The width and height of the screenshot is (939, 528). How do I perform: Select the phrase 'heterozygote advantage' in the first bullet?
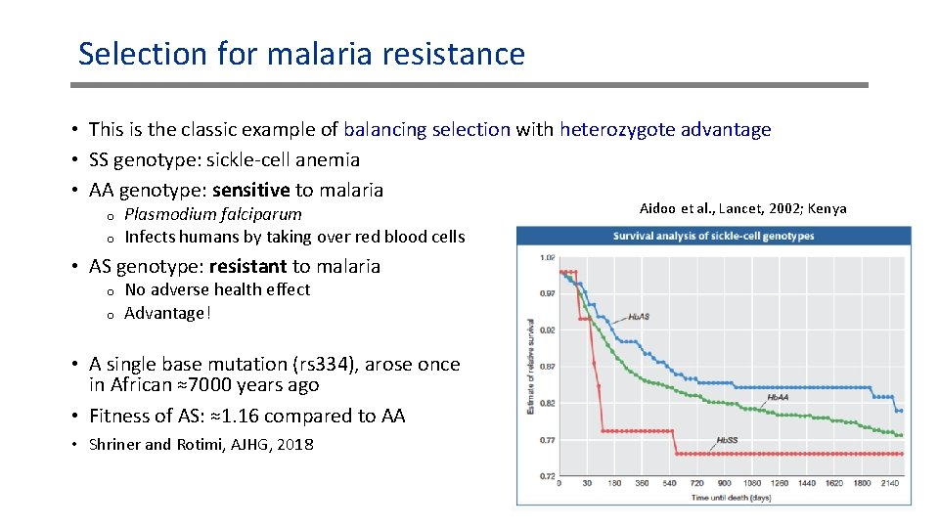(665, 129)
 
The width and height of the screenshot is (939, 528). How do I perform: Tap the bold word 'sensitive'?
(251, 190)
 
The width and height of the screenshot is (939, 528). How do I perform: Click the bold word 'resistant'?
(247, 266)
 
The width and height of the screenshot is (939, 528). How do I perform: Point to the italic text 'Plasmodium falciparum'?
(213, 214)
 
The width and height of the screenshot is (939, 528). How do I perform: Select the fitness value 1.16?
(241, 416)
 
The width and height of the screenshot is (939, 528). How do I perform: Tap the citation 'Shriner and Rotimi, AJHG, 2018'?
(201, 444)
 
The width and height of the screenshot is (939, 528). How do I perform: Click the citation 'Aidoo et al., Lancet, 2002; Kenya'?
(742, 208)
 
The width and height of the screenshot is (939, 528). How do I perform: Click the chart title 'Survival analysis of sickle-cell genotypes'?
(714, 236)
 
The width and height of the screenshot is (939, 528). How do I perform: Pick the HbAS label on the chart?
(639, 317)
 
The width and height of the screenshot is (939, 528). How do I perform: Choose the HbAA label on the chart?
(778, 397)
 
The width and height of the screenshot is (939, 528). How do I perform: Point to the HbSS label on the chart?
(727, 440)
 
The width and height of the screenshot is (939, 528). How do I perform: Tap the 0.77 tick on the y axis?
(548, 440)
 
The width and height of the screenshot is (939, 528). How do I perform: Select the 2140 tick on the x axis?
(889, 483)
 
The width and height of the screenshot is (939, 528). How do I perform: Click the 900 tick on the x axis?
(725, 483)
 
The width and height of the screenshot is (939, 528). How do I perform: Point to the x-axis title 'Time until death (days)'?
(731, 498)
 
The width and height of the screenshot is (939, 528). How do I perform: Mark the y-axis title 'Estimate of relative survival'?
(531, 366)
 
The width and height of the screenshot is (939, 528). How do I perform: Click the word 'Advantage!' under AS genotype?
(167, 313)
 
